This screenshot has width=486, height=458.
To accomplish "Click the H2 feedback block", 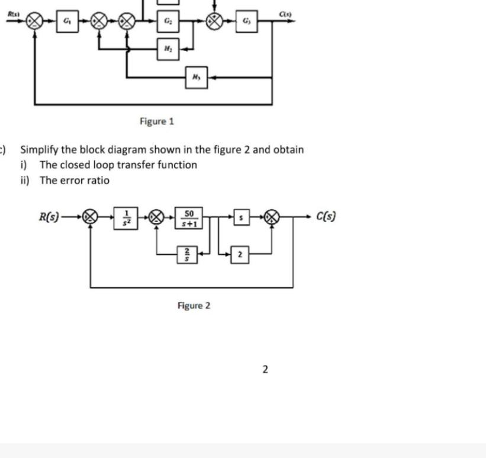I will coord(168,50).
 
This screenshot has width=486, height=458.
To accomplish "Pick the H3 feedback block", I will coord(196,77).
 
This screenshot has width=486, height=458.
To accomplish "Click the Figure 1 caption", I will coord(157,121).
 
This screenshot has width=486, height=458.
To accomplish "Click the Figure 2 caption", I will coord(194,306).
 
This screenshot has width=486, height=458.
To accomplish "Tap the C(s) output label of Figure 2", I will coord(328,216).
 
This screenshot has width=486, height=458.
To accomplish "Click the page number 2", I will coord(265,370).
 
